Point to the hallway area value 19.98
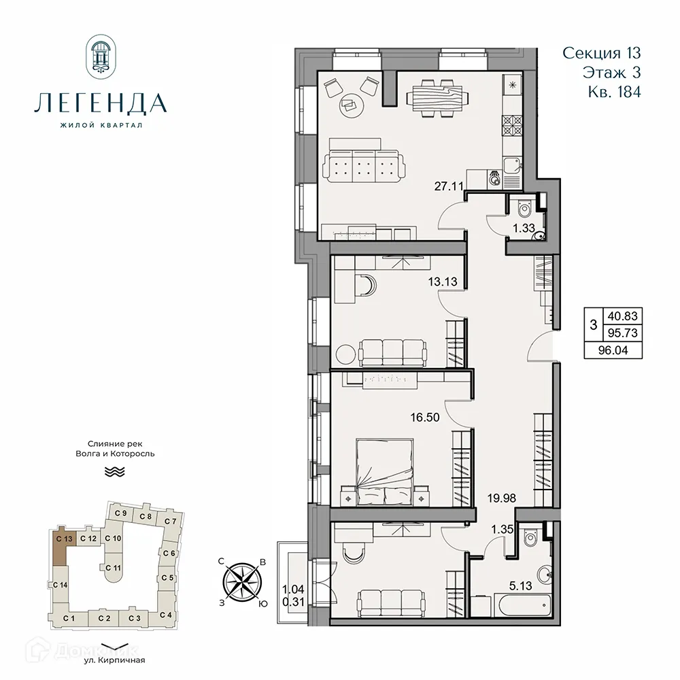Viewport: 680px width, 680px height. [x=501, y=498]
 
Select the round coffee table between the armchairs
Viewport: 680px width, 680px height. [x=351, y=103]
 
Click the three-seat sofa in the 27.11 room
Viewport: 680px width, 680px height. [x=363, y=164]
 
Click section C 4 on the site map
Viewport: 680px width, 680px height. [x=165, y=615]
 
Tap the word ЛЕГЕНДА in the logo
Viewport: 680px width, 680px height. [x=100, y=104]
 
